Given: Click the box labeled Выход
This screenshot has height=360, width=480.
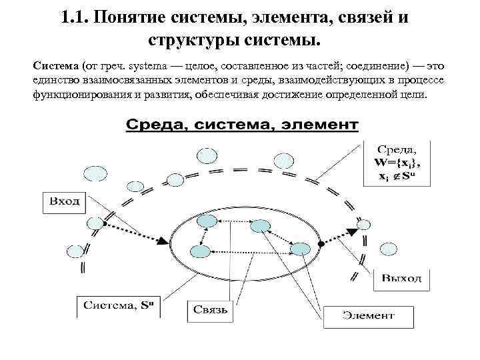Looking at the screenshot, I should click(x=401, y=278).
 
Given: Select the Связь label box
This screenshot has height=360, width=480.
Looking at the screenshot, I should click(x=211, y=310).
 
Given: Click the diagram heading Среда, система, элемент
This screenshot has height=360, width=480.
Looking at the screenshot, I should click(x=242, y=125).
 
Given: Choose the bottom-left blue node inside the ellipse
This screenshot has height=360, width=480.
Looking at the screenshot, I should click(x=199, y=251).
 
